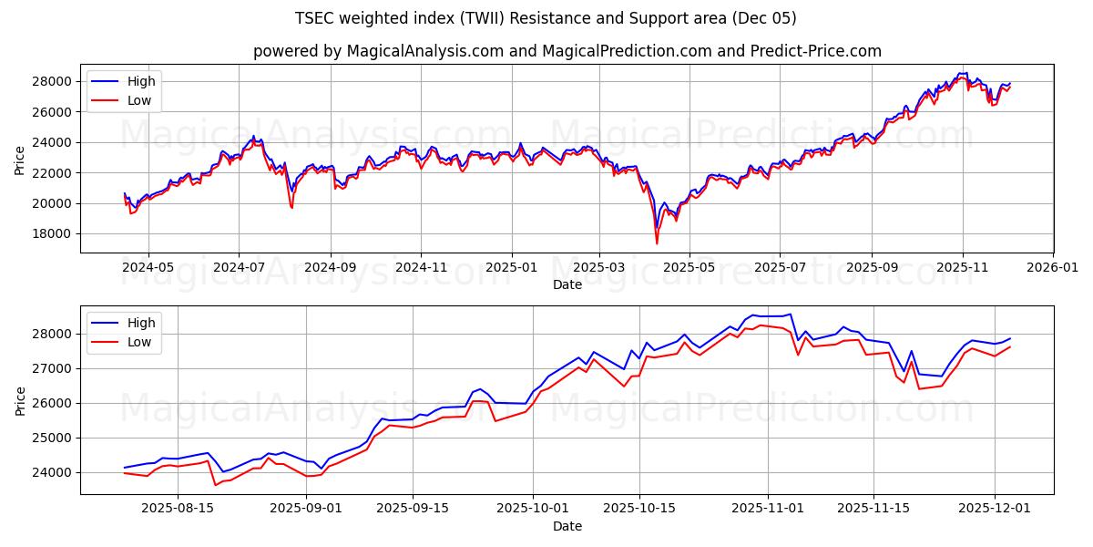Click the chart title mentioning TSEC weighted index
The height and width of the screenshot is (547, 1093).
click(546, 18)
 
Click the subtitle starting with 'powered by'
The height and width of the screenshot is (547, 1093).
click(567, 51)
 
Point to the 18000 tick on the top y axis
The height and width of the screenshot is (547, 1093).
click(54, 233)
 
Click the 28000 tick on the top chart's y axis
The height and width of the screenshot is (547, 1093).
click(54, 81)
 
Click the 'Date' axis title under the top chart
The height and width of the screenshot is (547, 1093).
click(567, 284)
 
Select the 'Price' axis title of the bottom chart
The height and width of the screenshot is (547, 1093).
click(20, 400)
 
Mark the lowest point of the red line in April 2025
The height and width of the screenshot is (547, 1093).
click(657, 243)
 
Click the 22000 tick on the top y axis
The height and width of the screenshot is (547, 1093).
click(54, 172)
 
